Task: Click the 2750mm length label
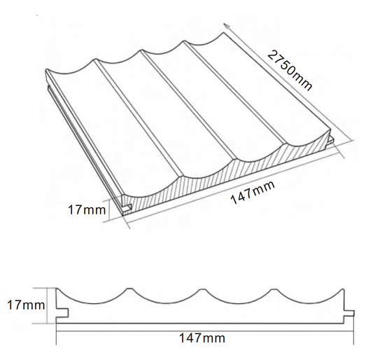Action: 290,71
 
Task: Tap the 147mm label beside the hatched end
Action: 253,193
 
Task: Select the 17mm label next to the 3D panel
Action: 87,209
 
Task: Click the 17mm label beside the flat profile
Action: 26,305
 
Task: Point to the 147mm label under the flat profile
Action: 202,338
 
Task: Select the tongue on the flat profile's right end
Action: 349,314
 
